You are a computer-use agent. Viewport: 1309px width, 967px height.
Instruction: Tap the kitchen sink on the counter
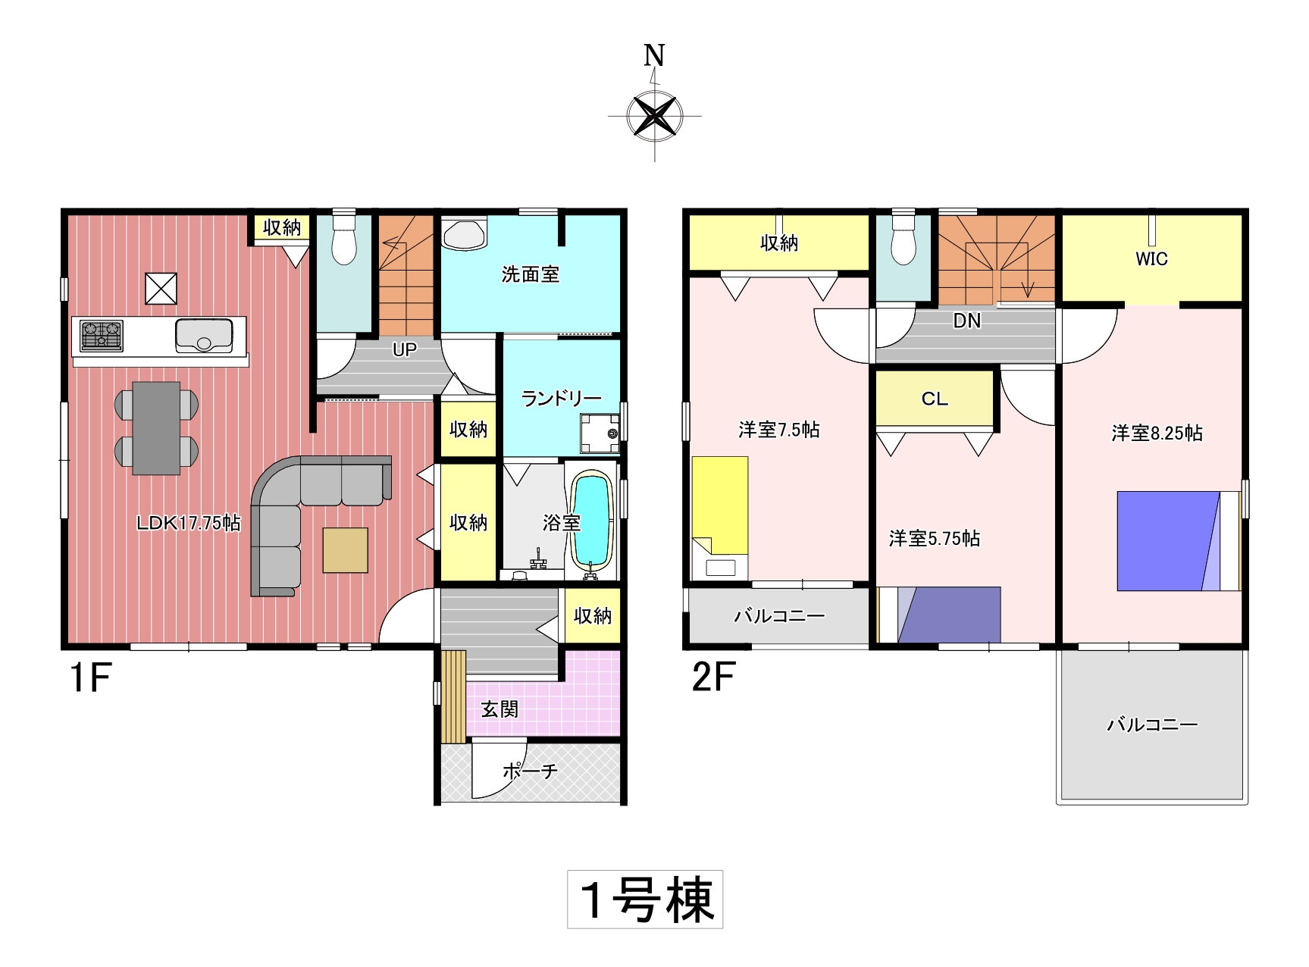(204, 336)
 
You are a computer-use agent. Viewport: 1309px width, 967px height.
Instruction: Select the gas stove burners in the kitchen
(101, 336)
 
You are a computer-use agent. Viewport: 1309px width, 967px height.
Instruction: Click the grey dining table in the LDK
(157, 428)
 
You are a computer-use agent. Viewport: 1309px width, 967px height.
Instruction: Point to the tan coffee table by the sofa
(346, 550)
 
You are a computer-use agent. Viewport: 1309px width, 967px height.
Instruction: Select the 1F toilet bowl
(344, 239)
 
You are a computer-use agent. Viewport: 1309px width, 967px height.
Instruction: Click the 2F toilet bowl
(903, 239)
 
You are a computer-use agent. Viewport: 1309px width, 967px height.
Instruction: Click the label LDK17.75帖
(189, 523)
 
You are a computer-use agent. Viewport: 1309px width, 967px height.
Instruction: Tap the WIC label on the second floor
(1151, 259)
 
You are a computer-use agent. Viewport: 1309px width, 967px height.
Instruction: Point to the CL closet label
(935, 399)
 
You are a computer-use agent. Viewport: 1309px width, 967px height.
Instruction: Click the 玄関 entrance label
(500, 709)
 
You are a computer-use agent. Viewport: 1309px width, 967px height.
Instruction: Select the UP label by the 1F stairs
(405, 349)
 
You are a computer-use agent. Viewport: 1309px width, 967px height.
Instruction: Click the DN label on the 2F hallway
(967, 321)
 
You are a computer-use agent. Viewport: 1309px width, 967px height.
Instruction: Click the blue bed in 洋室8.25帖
(1168, 541)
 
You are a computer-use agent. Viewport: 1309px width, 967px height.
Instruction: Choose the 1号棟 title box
(645, 900)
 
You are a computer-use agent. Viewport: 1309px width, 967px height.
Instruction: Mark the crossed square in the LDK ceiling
(161, 289)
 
